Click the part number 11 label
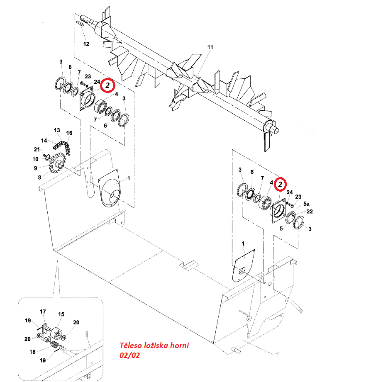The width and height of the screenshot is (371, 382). (210, 47)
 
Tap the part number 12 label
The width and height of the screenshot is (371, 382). (86, 44)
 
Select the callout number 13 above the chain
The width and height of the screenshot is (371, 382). (57, 130)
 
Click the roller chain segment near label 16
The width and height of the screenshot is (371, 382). (62, 146)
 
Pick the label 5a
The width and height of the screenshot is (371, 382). (306, 204)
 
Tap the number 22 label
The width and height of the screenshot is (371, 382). (310, 212)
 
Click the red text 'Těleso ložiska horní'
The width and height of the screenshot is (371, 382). (154, 346)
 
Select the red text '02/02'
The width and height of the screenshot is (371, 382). (129, 355)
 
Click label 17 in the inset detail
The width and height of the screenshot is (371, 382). (43, 311)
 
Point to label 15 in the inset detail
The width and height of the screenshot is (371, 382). (61, 314)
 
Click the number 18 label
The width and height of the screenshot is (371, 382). (32, 352)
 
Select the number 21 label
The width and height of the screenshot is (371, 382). (37, 149)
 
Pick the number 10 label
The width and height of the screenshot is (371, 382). (36, 159)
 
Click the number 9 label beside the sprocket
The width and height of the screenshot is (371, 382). (36, 168)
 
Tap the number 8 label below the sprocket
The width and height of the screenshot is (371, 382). (39, 178)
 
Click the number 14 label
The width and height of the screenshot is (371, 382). (44, 141)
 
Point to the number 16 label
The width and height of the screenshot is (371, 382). (69, 133)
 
